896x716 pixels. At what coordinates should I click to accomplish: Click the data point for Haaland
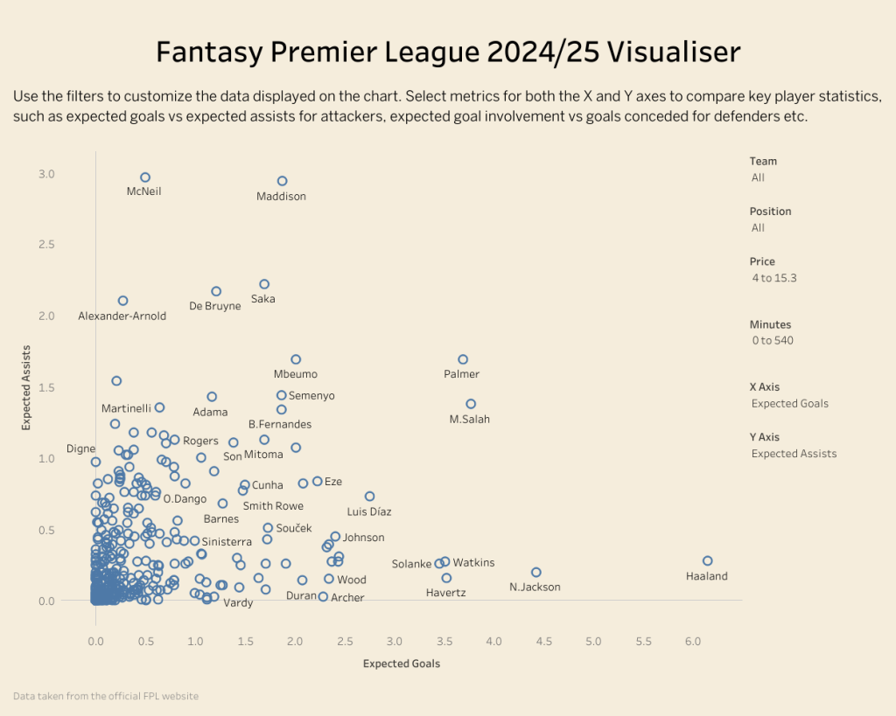pos(707,561)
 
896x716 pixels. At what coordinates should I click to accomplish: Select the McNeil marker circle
pos(145,177)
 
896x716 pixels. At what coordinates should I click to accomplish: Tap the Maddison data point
pos(282,181)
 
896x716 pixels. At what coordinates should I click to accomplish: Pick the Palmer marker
pos(463,359)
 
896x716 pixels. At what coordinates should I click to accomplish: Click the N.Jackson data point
pos(536,572)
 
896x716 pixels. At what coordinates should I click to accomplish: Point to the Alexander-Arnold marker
pos(122,301)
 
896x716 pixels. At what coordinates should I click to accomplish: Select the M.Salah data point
pos(471,404)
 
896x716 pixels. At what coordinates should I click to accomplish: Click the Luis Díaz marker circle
pos(369,497)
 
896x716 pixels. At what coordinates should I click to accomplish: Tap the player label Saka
pos(262,299)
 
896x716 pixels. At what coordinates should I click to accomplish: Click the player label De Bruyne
pos(214,306)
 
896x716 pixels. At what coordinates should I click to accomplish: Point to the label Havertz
pos(445,593)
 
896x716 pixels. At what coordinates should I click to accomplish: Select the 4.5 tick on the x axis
pos(543,642)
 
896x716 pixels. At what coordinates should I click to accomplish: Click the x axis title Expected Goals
pos(402,664)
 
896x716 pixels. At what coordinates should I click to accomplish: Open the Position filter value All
pos(758,228)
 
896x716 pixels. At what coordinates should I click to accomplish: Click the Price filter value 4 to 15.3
pos(773,278)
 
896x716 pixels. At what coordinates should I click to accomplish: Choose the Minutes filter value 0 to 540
pos(772,341)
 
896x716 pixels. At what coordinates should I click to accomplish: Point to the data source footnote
pos(106,696)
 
